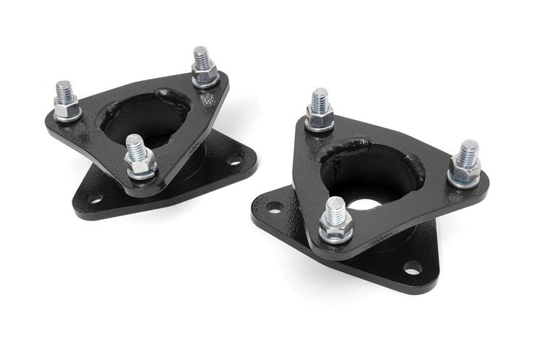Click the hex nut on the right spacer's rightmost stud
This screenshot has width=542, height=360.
click(x=466, y=171)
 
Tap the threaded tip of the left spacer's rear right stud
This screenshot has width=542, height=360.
click(x=200, y=55)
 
